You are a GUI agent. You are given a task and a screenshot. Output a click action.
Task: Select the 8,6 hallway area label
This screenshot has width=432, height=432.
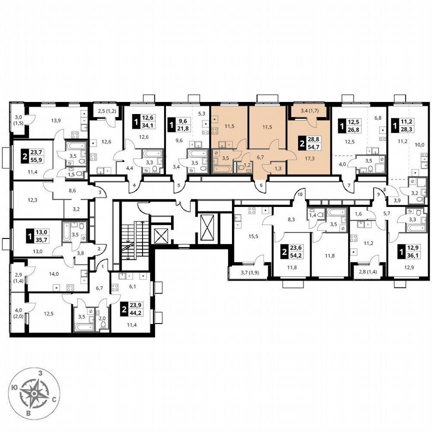tap(72, 190)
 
